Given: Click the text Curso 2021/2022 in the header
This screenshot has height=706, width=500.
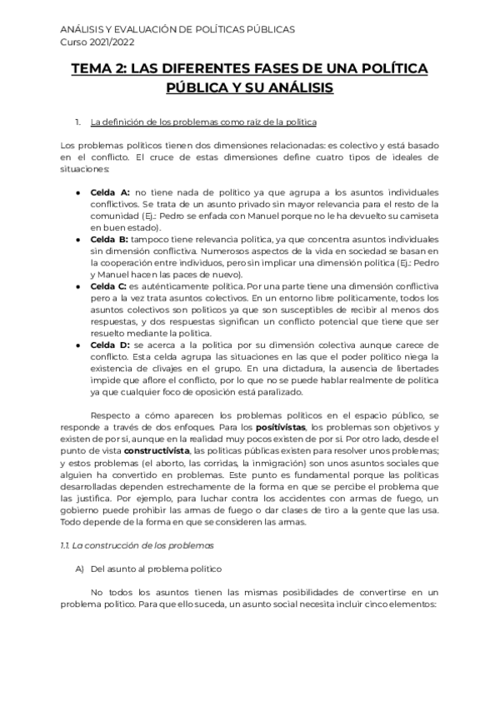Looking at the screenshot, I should (97, 42).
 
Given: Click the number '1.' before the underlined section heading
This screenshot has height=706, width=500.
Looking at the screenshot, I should (77, 123).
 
